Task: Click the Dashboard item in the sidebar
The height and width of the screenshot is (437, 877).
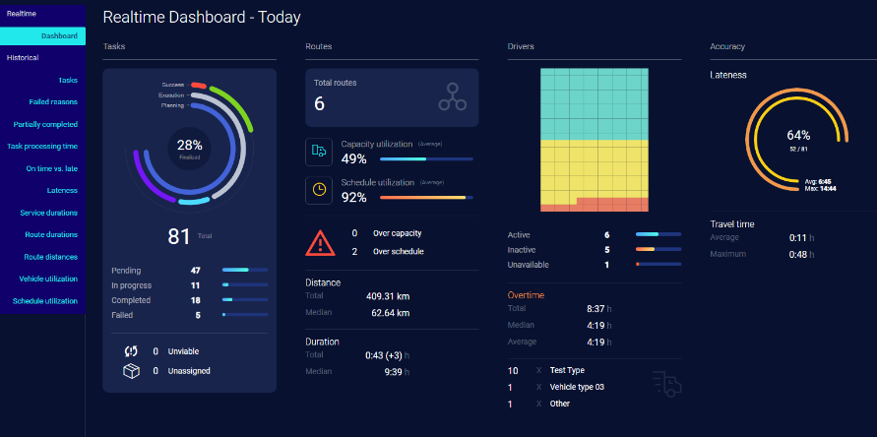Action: tap(58, 36)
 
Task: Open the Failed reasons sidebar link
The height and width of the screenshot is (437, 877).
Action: tap(53, 102)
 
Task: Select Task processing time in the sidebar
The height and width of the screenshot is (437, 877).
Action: tap(42, 147)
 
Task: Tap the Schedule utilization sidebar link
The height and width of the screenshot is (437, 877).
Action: tap(45, 301)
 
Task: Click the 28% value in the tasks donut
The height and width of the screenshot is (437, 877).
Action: tap(189, 145)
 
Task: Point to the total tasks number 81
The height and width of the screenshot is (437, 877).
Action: tap(178, 236)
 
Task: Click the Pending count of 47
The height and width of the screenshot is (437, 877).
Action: tap(195, 269)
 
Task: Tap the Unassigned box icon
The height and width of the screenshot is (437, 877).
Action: tap(131, 371)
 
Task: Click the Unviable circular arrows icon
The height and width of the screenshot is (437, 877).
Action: tap(131, 351)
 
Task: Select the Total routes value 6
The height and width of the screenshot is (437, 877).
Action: tap(320, 104)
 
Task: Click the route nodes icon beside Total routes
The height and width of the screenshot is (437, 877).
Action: tap(453, 96)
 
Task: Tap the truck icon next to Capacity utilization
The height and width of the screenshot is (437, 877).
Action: tap(319, 152)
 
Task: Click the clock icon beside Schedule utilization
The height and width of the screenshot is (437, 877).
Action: tap(319, 190)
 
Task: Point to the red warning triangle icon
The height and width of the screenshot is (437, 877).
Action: tap(320, 242)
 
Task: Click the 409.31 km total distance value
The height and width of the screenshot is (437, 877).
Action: tap(388, 295)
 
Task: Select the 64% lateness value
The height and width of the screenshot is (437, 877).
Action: tap(798, 135)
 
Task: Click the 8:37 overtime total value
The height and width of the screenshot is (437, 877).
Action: tap(595, 308)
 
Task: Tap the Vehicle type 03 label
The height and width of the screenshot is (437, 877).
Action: tap(577, 387)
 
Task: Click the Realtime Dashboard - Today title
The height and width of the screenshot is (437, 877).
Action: tap(202, 17)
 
